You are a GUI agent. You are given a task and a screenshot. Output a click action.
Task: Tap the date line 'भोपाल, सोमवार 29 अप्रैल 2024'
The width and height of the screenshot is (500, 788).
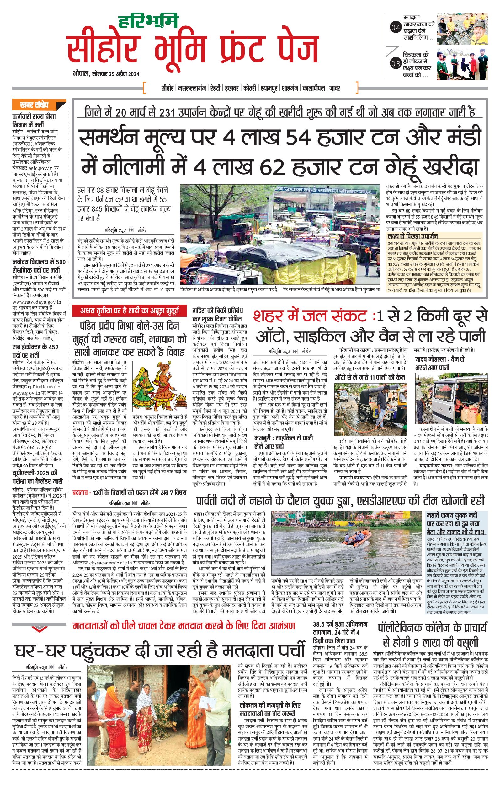pyautogui.click(x=106, y=74)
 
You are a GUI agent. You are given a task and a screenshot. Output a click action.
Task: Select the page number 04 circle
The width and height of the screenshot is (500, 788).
pyautogui.click(x=396, y=28)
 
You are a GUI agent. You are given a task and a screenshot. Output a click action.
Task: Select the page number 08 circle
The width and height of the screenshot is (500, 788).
pyautogui.click(x=396, y=63)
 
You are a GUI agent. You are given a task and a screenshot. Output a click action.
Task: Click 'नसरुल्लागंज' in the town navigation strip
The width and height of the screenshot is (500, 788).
pyautogui.click(x=192, y=88)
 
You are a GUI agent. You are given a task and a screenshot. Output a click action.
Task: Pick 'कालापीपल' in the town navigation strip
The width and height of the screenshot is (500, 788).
pyautogui.click(x=314, y=88)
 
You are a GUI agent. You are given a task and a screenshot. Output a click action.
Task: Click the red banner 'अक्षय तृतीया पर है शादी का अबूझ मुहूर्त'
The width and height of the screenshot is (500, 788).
pyautogui.click(x=130, y=311)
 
